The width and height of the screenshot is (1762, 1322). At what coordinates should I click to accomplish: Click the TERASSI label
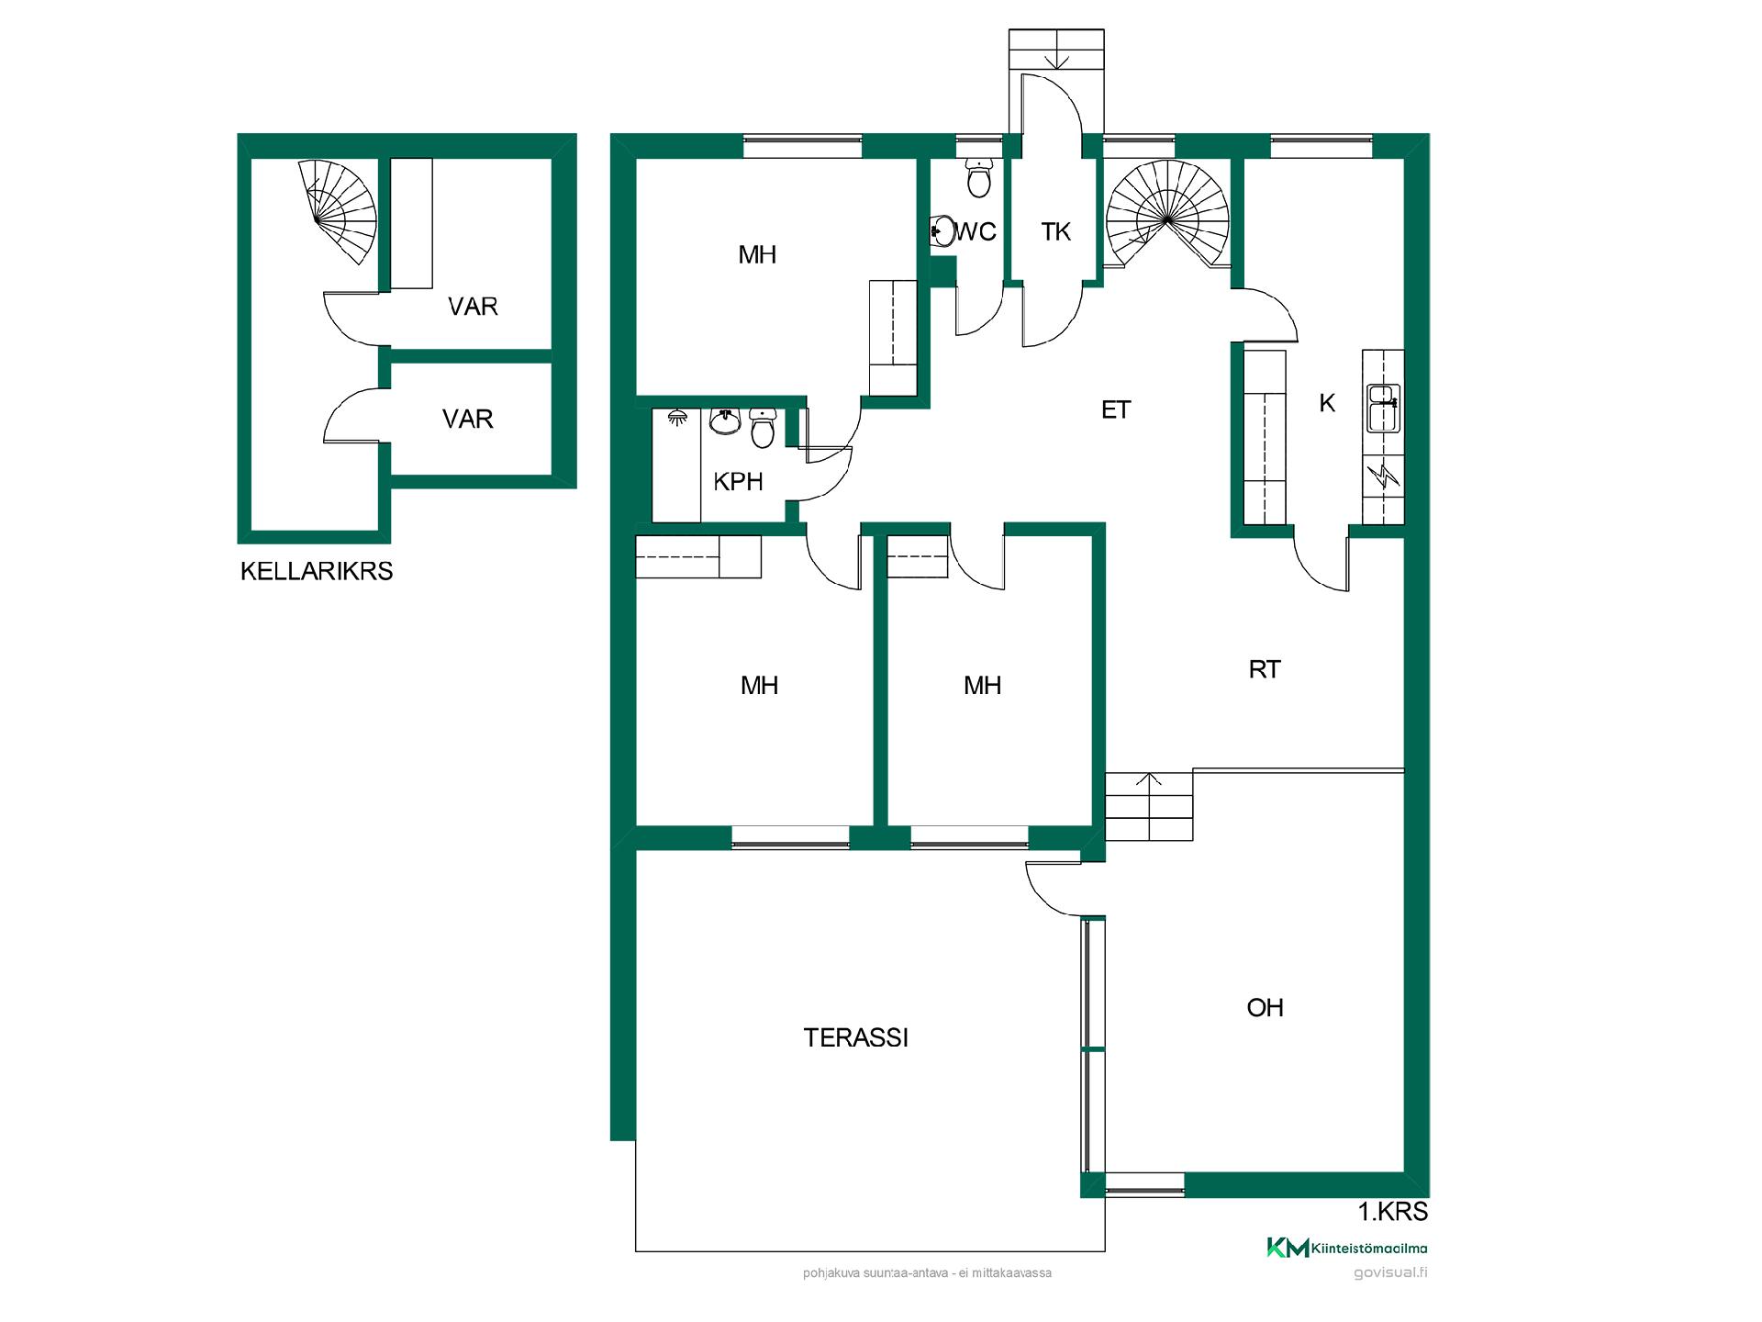tap(855, 1037)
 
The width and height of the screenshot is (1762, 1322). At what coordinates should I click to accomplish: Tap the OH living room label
tap(1265, 1007)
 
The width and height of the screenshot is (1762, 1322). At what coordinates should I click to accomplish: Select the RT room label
tap(1265, 669)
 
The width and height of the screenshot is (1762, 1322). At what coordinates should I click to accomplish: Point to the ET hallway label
tap(1116, 409)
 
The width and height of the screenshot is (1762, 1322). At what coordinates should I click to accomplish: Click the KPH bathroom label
tap(738, 481)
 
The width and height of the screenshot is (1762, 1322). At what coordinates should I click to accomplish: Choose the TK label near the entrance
tap(1056, 231)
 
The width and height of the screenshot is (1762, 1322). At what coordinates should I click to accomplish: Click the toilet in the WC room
tap(979, 177)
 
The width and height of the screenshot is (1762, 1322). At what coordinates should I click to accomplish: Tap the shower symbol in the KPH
tap(678, 417)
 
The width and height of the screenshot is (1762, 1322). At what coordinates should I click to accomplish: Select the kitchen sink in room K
tap(1382, 408)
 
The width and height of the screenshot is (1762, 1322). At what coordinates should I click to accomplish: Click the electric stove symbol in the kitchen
tap(1383, 476)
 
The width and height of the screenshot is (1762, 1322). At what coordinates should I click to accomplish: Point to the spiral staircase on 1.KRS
tap(1166, 215)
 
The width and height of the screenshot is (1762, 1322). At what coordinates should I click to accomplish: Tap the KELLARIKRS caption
tap(317, 571)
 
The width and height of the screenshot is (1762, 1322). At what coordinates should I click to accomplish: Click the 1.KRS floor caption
tap(1393, 1212)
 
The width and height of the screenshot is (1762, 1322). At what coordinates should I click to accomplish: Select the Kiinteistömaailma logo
tap(1346, 1248)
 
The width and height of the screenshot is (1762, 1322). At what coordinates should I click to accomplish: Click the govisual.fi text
tap(1390, 1273)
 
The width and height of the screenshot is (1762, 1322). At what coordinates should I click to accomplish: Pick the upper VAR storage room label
tap(473, 306)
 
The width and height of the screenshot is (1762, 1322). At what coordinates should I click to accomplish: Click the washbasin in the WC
tap(942, 231)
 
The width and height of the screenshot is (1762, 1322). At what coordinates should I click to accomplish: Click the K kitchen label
tap(1327, 402)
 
